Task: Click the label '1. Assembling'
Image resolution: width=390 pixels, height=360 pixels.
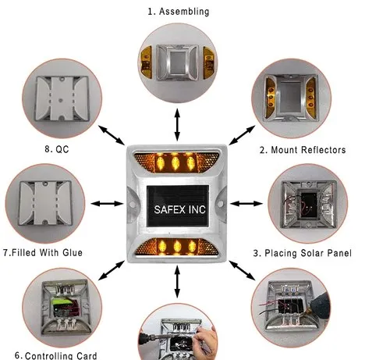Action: (178, 12)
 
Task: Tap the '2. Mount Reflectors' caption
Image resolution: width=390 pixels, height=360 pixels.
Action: (302, 149)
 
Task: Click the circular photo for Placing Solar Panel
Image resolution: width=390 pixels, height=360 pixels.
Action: (306, 205)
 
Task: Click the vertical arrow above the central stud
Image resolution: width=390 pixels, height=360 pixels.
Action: (178, 124)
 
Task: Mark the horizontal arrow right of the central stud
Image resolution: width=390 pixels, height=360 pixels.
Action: (246, 205)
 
